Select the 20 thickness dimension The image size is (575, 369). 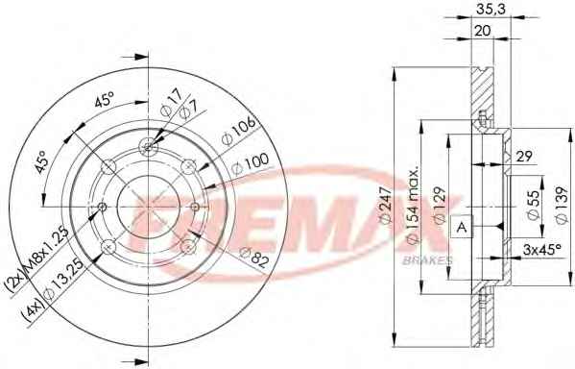pyautogui.click(x=483, y=31)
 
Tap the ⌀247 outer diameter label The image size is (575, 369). pyautogui.click(x=387, y=205)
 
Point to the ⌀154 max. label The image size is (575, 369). pyautogui.click(x=413, y=207)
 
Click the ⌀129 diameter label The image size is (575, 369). pyautogui.click(x=439, y=205)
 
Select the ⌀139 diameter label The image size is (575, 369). pyautogui.click(x=561, y=205)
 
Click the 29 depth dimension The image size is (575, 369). pyautogui.click(x=524, y=157)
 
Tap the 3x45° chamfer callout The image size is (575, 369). pyautogui.click(x=542, y=250)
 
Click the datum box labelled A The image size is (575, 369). pyautogui.click(x=462, y=227)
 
